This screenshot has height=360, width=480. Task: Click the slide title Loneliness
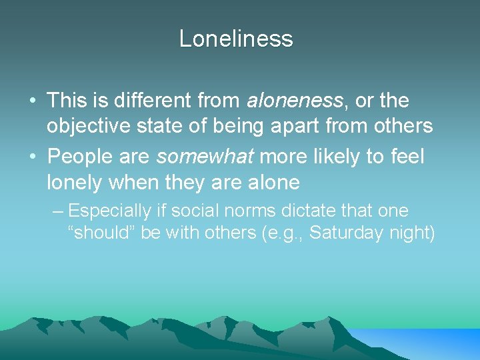[236, 39]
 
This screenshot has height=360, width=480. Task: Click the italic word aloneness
[294, 101]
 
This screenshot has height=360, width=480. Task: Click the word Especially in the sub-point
[110, 211]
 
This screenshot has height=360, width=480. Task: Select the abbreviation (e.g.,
[282, 234]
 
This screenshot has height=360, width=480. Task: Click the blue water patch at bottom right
[427, 343]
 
